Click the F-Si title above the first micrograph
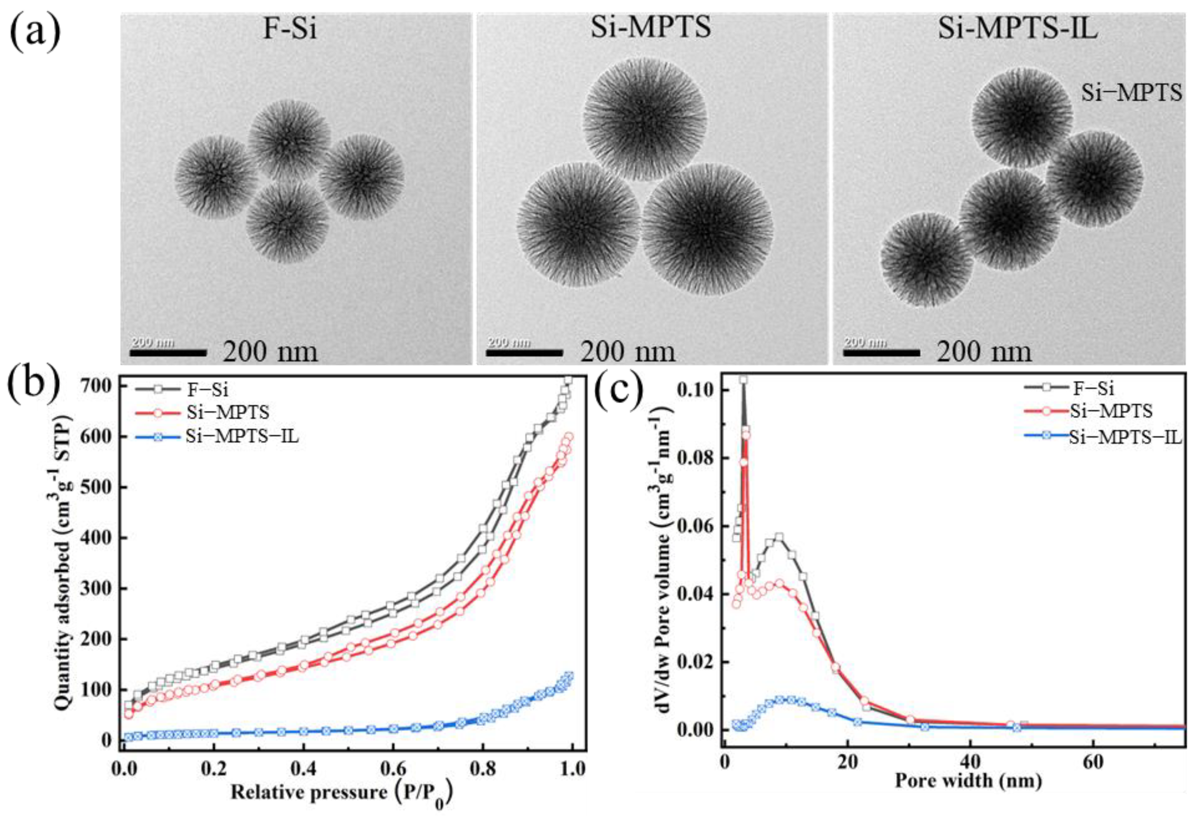click(290, 29)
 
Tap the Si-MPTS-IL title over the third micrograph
click(1017, 29)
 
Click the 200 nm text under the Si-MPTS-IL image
click(984, 352)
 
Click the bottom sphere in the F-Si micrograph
click(287, 222)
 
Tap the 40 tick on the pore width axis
click(970, 763)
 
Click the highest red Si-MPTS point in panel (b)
click(569, 437)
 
